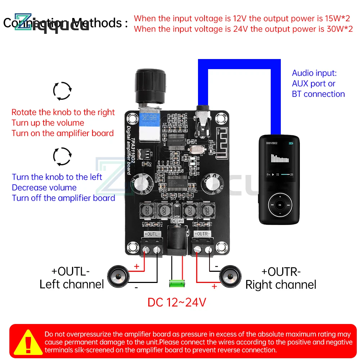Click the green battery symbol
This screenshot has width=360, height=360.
(177, 283)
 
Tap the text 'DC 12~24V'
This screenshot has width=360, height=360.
(177, 302)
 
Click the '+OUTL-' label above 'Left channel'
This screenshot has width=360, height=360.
(70, 271)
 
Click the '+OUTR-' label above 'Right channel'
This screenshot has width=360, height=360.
(281, 271)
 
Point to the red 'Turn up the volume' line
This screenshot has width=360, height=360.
(48, 123)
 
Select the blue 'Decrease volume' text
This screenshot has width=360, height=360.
(44, 188)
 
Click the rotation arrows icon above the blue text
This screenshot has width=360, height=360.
(62, 157)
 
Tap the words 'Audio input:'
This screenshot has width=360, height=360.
(314, 73)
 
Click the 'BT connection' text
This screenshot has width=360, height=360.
(318, 94)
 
